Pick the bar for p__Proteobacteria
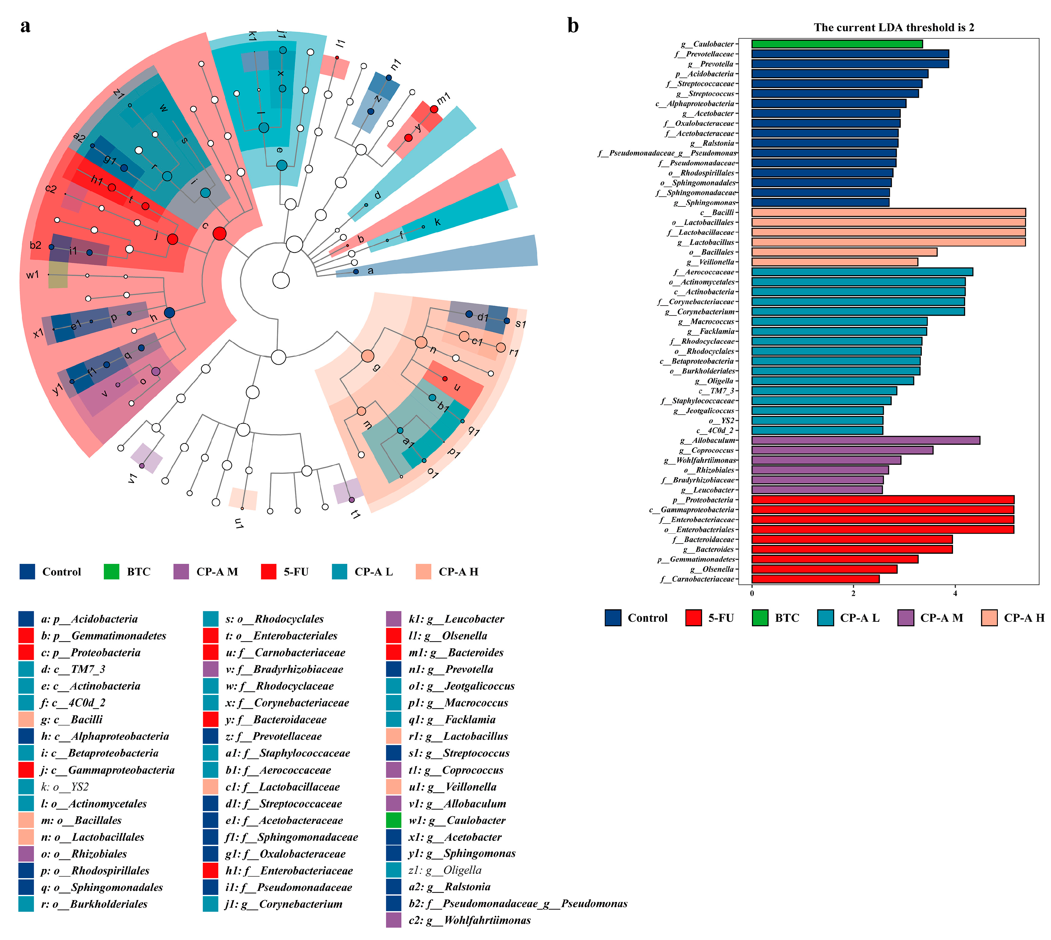pyautogui.click(x=882, y=499)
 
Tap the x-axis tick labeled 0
pyautogui.click(x=752, y=593)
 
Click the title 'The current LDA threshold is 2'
pyautogui.click(x=894, y=28)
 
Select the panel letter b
pyautogui.click(x=573, y=25)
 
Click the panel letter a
pyautogui.click(x=25, y=25)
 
